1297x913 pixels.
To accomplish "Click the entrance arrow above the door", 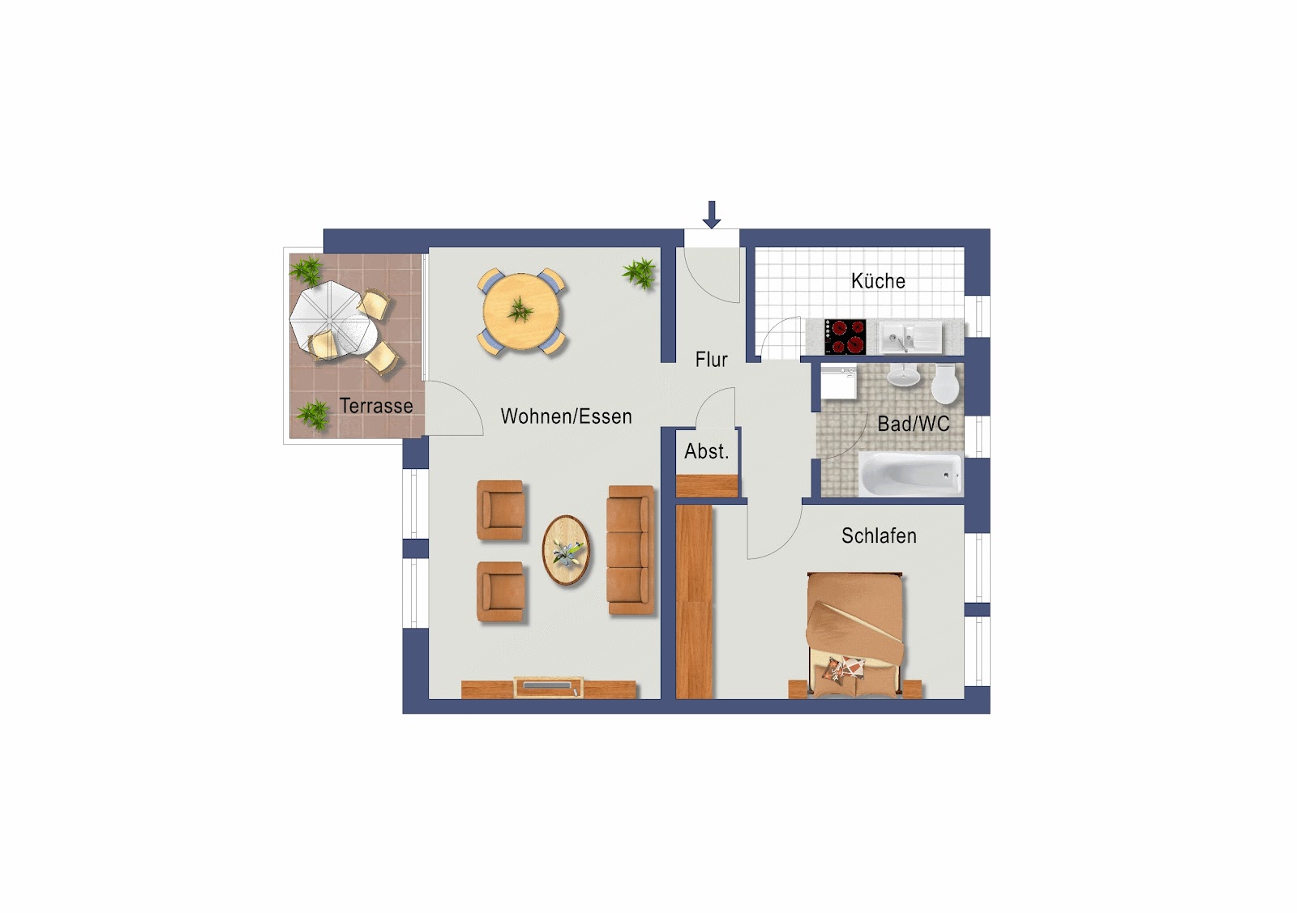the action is coord(712,215).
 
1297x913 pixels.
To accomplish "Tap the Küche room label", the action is coord(878,281).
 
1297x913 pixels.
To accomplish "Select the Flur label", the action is coord(711,360).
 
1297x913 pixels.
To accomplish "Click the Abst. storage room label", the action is coord(706,451).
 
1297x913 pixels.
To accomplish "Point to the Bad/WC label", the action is coord(913,425).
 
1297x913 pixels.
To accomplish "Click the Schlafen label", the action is coord(879,535).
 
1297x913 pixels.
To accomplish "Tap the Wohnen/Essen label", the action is coord(566,416).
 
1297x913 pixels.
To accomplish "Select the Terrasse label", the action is coord(376,406).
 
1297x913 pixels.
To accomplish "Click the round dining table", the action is coord(521,311).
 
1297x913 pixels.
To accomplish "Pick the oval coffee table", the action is coord(566,550).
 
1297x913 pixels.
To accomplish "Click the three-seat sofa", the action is coord(631,549).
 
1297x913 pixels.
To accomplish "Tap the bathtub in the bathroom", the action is coord(910,475).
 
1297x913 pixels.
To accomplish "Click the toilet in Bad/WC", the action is coord(945,384).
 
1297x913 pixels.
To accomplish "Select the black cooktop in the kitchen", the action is coord(845,337).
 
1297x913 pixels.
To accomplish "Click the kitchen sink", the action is coord(910,337).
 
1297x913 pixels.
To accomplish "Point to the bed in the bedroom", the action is coord(854,634).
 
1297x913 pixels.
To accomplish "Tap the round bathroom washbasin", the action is coord(903,376).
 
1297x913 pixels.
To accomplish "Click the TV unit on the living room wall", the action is coord(548,687).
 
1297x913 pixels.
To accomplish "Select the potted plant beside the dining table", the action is coord(640,272).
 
